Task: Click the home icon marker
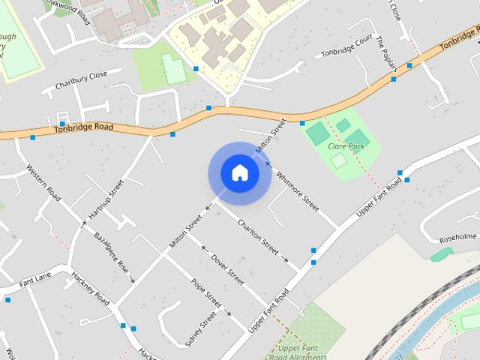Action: click(x=239, y=173)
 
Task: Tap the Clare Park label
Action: click(x=346, y=146)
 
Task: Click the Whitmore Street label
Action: click(x=298, y=187)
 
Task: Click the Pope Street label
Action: click(x=205, y=293)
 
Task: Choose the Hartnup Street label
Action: click(x=106, y=199)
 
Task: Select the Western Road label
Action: click(x=43, y=182)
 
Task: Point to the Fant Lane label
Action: click(x=35, y=282)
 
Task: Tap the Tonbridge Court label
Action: click(x=346, y=46)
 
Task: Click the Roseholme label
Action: click(x=458, y=237)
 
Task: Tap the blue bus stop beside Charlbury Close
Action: click(x=63, y=124)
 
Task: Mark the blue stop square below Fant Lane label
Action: click(x=8, y=300)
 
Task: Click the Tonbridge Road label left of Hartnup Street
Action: click(x=83, y=128)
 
